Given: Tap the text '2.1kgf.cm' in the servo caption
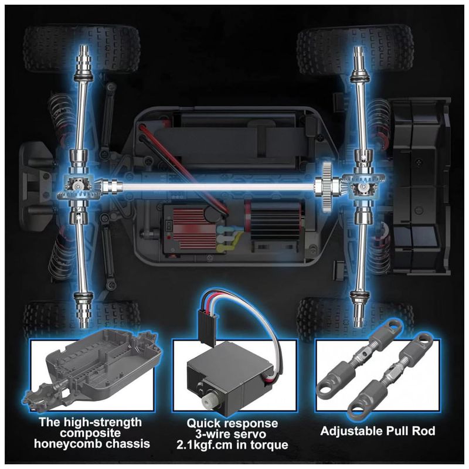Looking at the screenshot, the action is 204,445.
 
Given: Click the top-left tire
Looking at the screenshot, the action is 81,50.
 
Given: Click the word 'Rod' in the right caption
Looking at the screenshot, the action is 423,431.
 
